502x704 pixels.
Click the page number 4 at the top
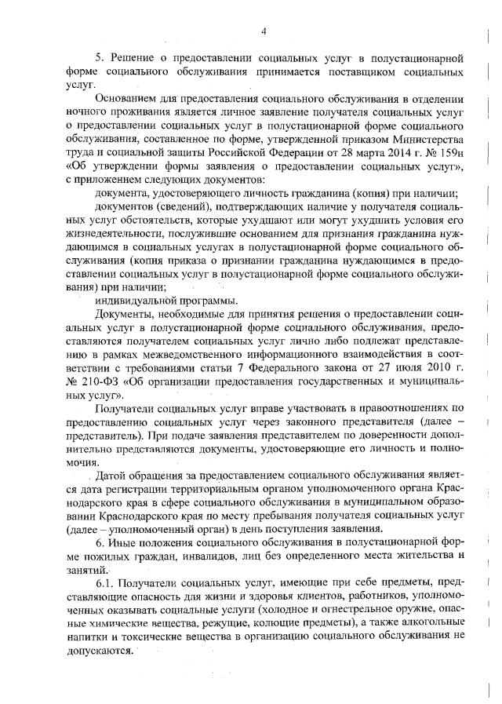pyautogui.click(x=264, y=31)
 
